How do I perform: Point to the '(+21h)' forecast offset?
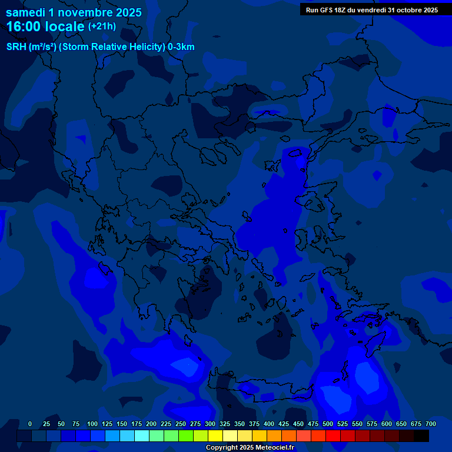coord(102,26)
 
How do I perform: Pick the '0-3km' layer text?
coord(181,47)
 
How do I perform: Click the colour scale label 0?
coord(30,424)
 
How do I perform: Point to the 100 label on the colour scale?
coord(92,424)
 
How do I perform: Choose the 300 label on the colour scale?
coord(210,424)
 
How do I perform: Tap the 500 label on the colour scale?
coord(328,424)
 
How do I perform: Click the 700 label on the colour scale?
coord(431,424)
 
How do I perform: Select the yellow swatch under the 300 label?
coord(215,436)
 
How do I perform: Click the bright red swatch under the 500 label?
coord(333,436)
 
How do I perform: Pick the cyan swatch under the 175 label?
coord(142,436)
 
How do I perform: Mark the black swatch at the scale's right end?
coord(421,436)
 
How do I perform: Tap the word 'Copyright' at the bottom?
coord(222,448)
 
